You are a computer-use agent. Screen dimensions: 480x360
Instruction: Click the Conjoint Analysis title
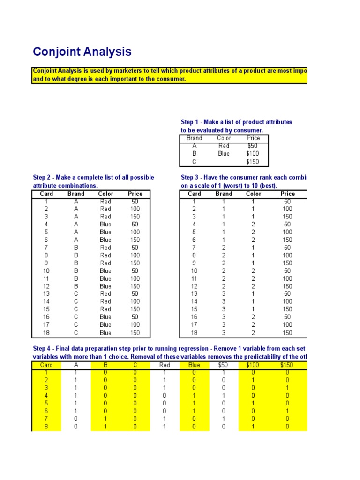point(82,52)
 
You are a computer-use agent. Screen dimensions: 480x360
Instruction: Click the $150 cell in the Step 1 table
point(253,162)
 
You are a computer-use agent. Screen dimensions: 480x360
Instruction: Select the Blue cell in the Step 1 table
point(224,154)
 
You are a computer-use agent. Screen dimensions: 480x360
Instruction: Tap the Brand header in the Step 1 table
point(194,138)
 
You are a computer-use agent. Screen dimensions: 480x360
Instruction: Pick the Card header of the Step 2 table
point(46,194)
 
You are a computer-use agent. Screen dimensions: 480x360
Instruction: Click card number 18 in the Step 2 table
point(46,333)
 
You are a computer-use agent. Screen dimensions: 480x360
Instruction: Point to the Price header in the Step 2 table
point(135,194)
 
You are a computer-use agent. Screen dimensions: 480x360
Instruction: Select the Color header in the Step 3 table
point(254,194)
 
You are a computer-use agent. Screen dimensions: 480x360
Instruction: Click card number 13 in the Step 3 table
point(194,294)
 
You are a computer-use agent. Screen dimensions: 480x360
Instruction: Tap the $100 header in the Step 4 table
point(253,365)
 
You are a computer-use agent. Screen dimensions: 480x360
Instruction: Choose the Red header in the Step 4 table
point(165,365)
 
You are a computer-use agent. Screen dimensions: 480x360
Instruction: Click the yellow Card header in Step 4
point(46,365)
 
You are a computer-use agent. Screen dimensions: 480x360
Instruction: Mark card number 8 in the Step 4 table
point(46,427)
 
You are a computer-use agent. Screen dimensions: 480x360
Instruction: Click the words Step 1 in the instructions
point(190,122)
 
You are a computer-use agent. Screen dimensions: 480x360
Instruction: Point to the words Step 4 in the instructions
point(42,349)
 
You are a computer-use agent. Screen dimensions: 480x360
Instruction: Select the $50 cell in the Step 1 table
point(253,146)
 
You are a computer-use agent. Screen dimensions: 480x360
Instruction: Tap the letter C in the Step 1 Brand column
point(194,162)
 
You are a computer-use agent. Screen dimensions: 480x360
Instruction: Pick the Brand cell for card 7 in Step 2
point(76,247)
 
